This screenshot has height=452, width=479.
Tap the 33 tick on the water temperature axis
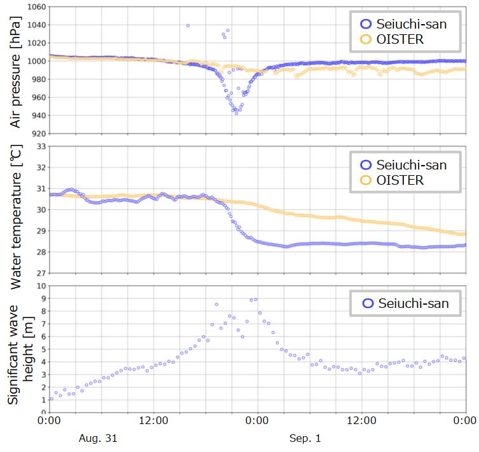tap(39, 147)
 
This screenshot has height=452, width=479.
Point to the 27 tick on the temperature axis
tap(39, 273)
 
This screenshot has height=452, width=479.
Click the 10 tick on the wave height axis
tap(39, 286)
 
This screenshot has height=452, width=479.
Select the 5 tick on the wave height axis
tap(42, 349)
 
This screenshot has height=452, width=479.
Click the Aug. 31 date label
tap(98, 438)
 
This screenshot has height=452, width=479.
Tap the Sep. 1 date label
tap(306, 438)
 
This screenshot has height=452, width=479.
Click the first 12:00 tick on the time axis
tap(153, 420)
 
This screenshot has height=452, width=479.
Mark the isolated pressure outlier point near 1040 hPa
tap(188, 25)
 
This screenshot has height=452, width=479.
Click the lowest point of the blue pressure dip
tap(236, 113)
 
